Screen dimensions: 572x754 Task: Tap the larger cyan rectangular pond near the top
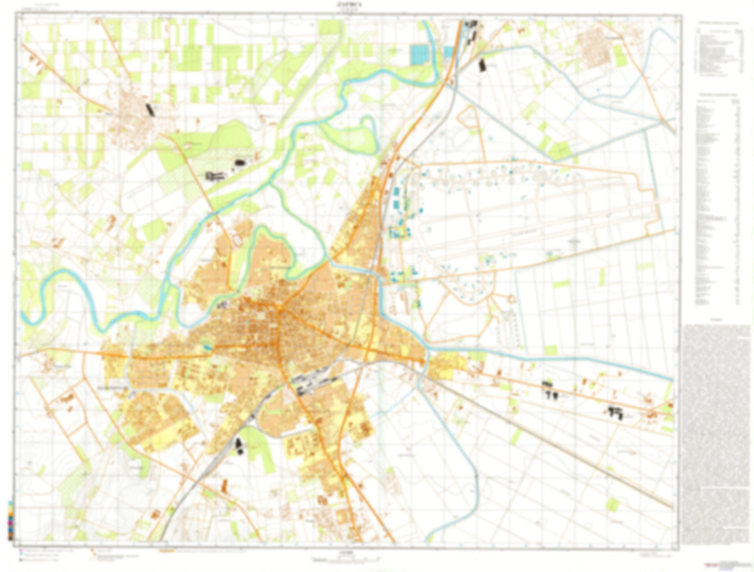click(x=418, y=54)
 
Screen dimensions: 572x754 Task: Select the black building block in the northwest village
click(x=149, y=109)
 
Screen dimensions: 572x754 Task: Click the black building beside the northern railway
click(x=482, y=64)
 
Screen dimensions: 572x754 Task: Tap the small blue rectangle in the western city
click(x=207, y=348)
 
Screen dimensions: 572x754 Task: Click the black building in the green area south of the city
click(x=240, y=446)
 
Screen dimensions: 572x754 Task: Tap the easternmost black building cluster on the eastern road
click(x=616, y=413)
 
